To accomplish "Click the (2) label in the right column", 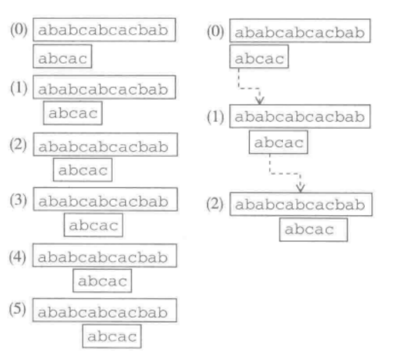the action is point(215,203).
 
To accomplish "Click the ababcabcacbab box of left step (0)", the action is point(103,30).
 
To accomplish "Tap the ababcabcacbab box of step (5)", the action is point(103,312).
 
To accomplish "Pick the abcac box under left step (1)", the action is point(72,113).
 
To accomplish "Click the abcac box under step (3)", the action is point(93,225).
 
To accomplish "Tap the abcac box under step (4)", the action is point(103,280).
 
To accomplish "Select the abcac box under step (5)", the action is point(112,337).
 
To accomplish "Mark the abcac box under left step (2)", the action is point(83,169).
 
